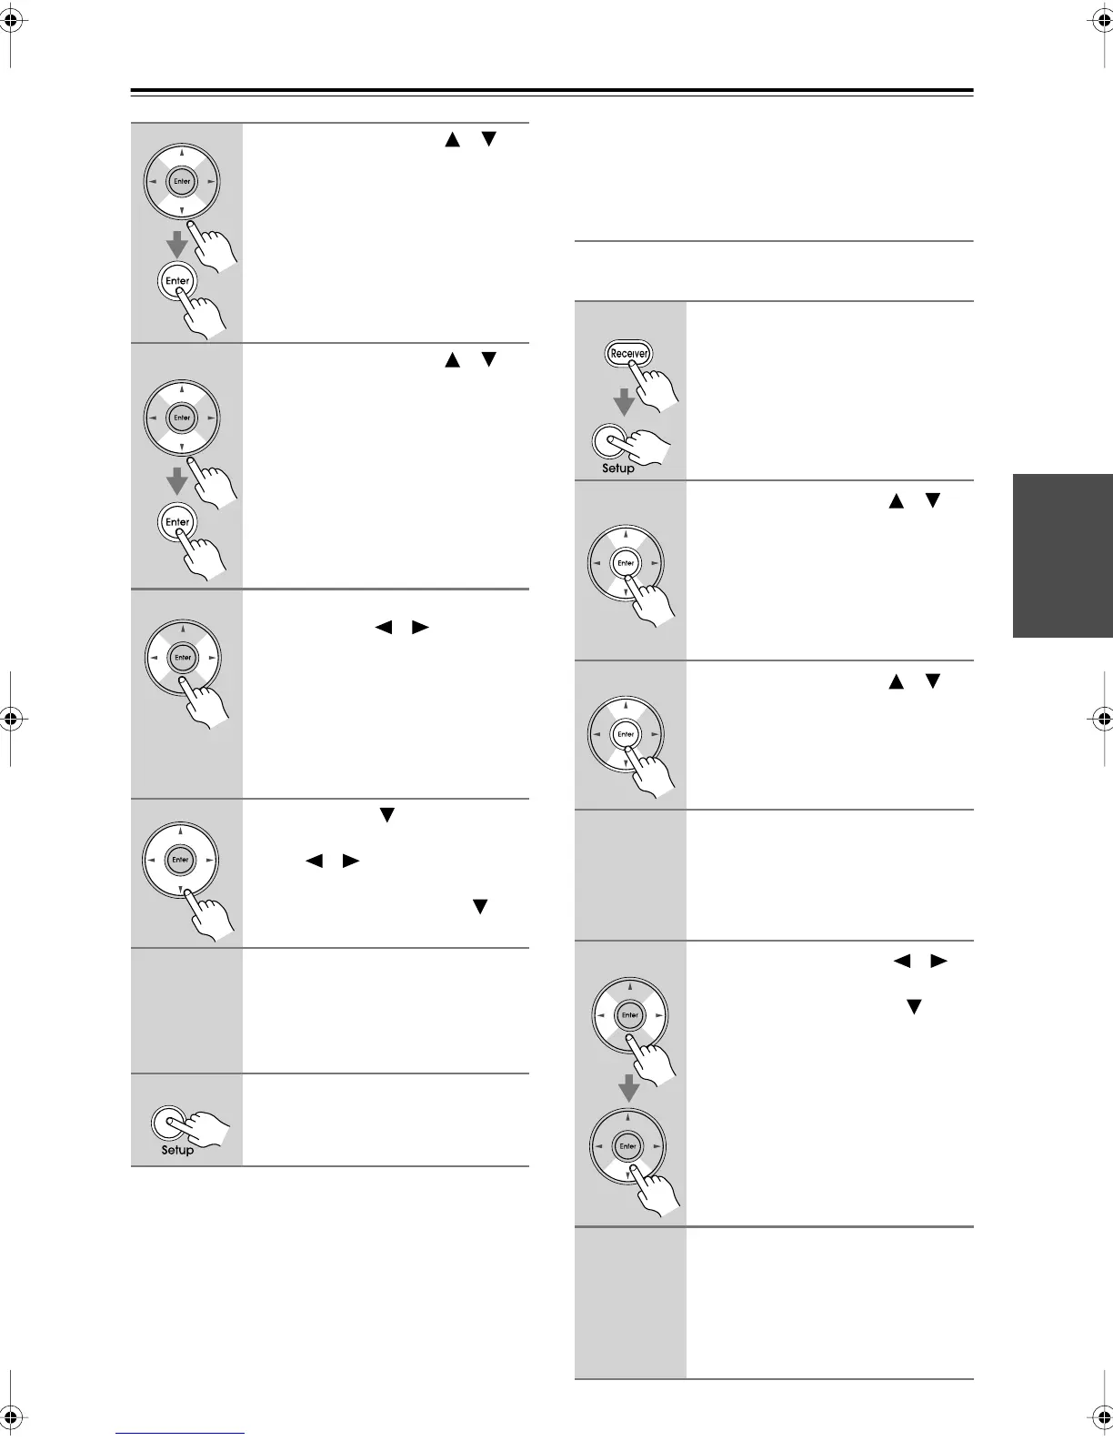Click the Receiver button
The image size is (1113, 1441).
(629, 353)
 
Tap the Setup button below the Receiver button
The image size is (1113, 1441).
(608, 441)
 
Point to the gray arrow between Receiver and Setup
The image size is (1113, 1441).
(623, 400)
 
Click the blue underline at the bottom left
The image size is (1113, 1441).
(180, 1433)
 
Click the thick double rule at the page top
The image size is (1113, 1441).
(552, 92)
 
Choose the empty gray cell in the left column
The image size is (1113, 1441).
(186, 1010)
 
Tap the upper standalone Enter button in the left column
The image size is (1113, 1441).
(177, 280)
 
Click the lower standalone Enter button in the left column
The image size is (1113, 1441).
(177, 521)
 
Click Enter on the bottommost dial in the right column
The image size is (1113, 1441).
(628, 1145)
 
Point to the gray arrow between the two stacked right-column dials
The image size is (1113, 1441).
(628, 1086)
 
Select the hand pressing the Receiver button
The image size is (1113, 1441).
(657, 387)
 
